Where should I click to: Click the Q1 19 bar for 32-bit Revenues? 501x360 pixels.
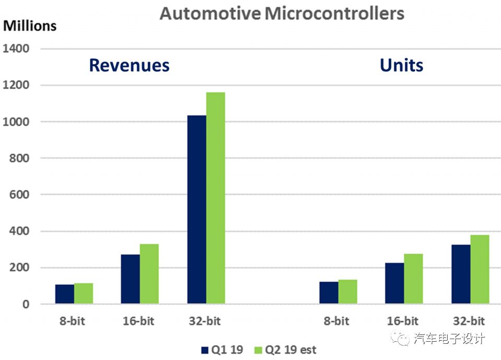pos(196,210)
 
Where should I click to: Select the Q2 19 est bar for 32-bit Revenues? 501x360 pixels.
pos(215,198)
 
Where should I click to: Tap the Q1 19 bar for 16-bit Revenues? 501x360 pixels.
pos(130,279)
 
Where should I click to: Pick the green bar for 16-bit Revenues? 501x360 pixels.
pos(149,274)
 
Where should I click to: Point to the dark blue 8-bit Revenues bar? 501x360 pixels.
pos(65,294)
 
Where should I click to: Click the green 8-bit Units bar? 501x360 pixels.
pos(348,292)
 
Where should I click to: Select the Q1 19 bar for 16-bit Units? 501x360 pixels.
pos(395,283)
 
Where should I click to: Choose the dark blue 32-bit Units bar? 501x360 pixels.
pos(461,274)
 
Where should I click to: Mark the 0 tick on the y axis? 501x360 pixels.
pos(26,305)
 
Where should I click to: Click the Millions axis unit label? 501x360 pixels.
pos(30,25)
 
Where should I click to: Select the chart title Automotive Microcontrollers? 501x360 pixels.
pos(282,13)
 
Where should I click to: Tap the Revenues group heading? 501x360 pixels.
pos(129,65)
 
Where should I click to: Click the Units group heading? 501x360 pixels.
pos(401,65)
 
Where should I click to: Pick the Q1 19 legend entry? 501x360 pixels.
pos(222,350)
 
